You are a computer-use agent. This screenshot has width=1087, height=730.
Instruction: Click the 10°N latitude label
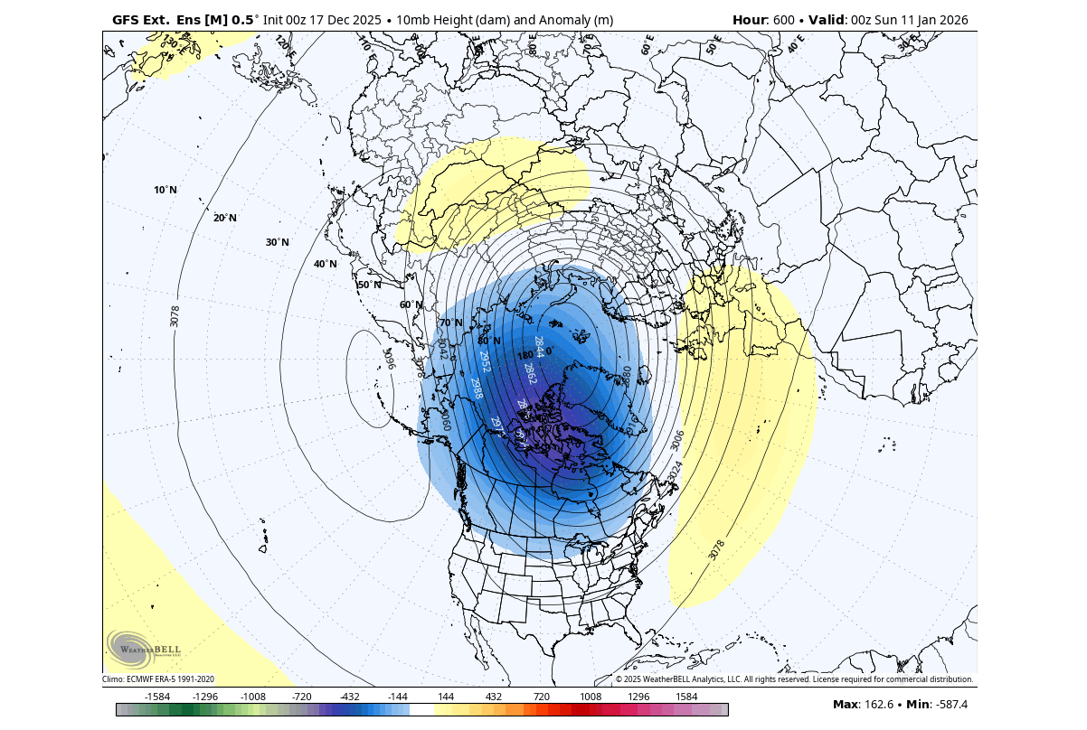point(165,190)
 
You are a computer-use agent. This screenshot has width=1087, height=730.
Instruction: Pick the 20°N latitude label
point(225,218)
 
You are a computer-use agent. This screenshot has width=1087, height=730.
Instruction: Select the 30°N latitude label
point(278,242)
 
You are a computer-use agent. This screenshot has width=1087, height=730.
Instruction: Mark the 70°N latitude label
point(450,323)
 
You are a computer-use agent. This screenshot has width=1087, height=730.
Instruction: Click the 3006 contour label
point(677,441)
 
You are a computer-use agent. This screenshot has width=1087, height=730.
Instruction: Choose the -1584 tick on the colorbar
point(158,697)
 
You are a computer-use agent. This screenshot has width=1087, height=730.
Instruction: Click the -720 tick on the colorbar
point(301,697)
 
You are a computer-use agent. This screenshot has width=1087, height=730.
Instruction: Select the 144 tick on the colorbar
point(446,697)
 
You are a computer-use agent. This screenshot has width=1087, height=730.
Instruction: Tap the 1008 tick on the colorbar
point(591,697)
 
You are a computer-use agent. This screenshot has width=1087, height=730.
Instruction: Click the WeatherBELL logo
point(145,647)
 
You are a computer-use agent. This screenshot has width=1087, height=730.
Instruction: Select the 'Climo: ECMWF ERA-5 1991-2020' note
point(158,679)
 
